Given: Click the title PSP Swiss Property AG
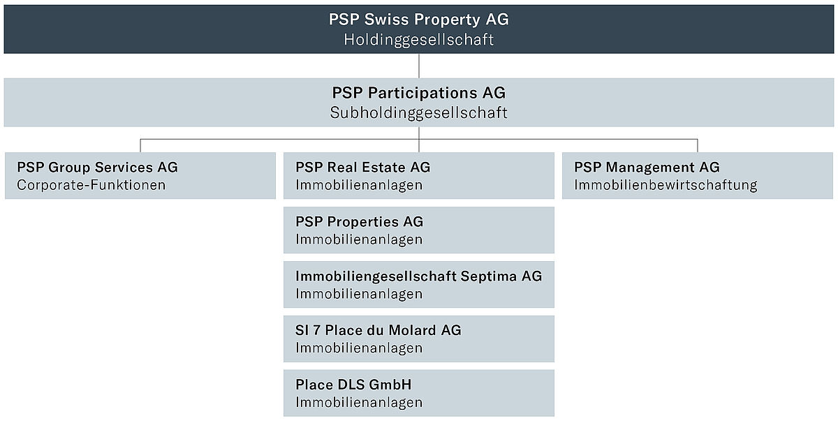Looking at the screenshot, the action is (418, 20).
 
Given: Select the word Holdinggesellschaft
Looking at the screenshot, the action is (418, 40).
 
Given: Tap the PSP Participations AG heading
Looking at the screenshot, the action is (418, 93).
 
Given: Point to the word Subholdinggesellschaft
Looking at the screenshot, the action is (418, 113).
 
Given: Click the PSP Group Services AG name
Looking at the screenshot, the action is (97, 167).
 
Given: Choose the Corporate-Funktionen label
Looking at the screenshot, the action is (91, 185).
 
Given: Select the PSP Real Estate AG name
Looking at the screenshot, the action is (363, 167).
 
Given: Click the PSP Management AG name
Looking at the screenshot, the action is (647, 167).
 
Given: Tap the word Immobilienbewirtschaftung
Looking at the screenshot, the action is (666, 185).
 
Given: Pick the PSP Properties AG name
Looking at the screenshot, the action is (359, 222).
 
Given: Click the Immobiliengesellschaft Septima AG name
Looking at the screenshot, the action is (418, 276).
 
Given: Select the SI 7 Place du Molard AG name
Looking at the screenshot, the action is (378, 330).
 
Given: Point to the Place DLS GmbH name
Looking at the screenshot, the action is (353, 385).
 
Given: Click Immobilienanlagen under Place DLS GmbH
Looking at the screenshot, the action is (359, 403).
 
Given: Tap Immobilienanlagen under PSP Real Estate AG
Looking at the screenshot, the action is (359, 185).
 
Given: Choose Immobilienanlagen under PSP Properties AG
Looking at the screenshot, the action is (359, 239).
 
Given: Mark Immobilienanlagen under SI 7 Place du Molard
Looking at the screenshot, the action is (359, 348).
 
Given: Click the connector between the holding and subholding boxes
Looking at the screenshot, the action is (418, 66).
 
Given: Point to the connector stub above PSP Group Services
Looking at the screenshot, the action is (140, 145).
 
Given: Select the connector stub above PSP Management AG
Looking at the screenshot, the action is (698, 145).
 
